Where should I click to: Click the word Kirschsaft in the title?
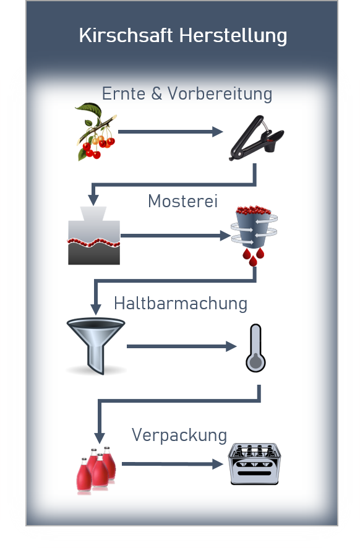[x=126, y=35]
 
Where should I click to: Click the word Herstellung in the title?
[x=233, y=36]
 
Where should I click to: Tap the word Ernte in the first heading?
[x=123, y=93]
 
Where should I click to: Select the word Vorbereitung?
[x=220, y=94]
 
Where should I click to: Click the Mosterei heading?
[x=183, y=201]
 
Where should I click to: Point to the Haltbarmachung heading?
[x=181, y=303]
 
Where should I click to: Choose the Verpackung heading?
[x=179, y=435]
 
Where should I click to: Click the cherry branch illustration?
[x=96, y=132]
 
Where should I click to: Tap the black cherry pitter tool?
[x=257, y=138]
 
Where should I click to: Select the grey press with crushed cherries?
[x=94, y=235]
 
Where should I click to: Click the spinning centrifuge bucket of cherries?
[x=254, y=226]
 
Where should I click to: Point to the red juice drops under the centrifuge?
[x=254, y=257]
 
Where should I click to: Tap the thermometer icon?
[x=255, y=348]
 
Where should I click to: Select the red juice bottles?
[x=96, y=469]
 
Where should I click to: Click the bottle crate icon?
[x=254, y=464]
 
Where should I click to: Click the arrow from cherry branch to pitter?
[x=171, y=132]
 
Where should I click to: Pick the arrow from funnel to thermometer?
[x=182, y=346]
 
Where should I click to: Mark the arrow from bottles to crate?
[x=173, y=464]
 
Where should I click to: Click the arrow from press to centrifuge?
[x=176, y=236]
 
